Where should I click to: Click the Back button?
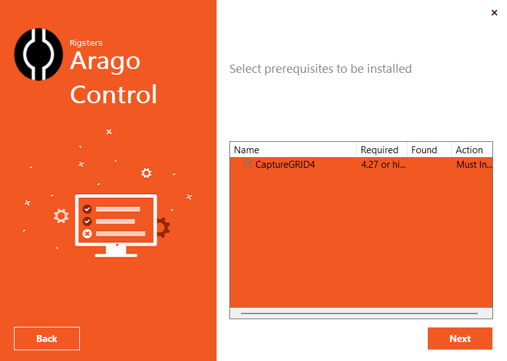click(47, 338)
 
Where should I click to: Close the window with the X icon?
click(494, 13)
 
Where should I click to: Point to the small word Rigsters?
click(86, 43)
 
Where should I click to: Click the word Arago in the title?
click(105, 62)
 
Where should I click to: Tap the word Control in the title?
click(113, 95)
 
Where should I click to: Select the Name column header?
click(247, 150)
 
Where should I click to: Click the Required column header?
click(379, 150)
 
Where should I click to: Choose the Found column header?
click(424, 150)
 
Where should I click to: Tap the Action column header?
click(469, 150)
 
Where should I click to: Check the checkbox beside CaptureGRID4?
click(248, 165)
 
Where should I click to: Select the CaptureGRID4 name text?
click(285, 165)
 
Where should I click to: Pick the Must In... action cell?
click(473, 165)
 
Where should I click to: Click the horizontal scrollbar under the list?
click(359, 313)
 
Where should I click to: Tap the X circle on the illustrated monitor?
click(87, 233)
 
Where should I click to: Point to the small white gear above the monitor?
click(146, 172)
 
